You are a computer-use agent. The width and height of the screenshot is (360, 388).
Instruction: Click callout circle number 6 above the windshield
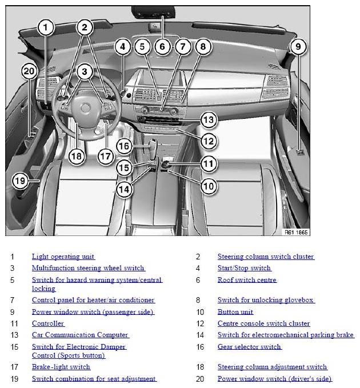[x=162, y=46]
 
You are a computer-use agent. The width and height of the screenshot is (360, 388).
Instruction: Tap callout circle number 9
[x=298, y=46]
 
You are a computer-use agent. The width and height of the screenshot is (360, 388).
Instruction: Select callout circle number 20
[x=29, y=71]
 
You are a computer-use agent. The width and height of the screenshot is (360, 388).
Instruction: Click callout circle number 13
[x=207, y=120]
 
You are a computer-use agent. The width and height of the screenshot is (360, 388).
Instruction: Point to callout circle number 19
[x=20, y=181]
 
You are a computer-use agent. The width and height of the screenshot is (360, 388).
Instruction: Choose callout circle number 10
[x=208, y=185]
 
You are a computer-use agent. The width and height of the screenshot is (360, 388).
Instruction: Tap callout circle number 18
[x=76, y=155]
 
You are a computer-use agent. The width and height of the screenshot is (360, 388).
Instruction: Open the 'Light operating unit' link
[x=63, y=257]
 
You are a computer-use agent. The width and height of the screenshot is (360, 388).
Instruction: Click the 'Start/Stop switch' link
[x=244, y=268]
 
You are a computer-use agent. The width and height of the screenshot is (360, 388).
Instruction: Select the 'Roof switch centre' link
[x=247, y=280]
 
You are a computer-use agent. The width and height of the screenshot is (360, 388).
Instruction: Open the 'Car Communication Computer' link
[x=80, y=335]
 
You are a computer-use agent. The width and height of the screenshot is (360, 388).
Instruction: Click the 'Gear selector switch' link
[x=249, y=346]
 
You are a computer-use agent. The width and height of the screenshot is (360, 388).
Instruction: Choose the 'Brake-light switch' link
[x=61, y=367]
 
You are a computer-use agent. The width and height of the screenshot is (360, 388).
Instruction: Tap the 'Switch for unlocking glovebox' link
[x=266, y=300]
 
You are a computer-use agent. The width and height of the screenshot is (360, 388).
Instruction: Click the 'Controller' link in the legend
[x=48, y=323]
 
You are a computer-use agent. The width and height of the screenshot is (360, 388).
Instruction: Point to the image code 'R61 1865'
[x=296, y=233]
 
